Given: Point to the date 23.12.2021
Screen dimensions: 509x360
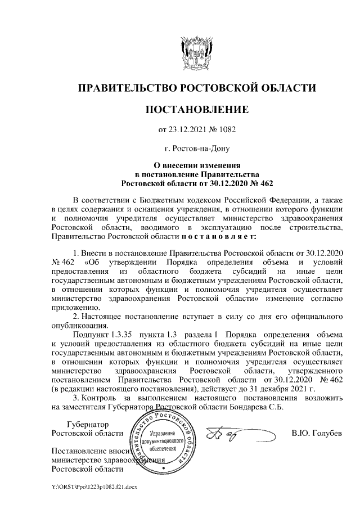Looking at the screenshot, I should pos(186,130).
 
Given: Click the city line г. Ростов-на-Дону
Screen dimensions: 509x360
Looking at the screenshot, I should pos(196,149).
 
